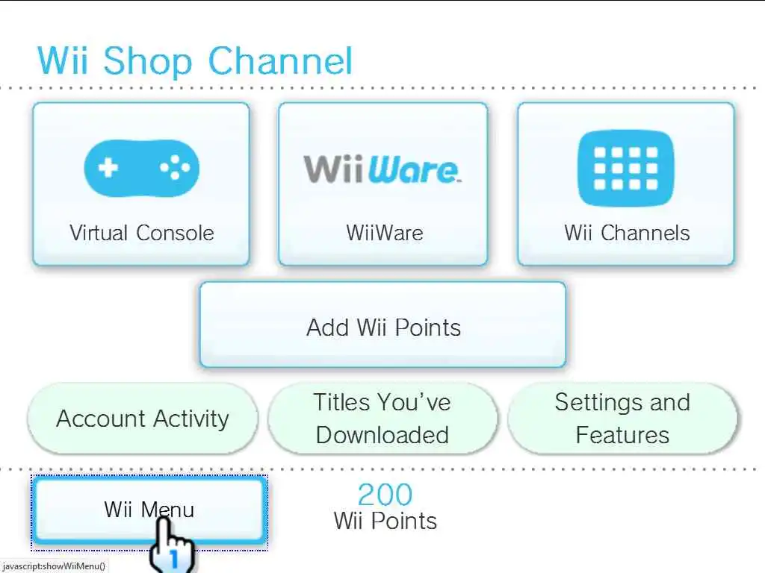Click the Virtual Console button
pos(141,184)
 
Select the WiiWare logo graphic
pos(382,169)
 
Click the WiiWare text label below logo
pos(384,233)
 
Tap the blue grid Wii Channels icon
pos(626,169)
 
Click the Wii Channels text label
pos(627,233)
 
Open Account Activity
pos(142,419)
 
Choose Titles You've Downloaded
pos(382,419)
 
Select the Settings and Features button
pos(622,419)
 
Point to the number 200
pos(385,495)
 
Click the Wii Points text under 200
pos(385,520)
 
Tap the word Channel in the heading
pos(279,61)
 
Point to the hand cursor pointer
pos(170,545)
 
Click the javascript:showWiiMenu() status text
pos(53,566)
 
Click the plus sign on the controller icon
pos(108,166)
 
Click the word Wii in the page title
pos(64,61)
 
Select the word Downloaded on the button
pos(382,435)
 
